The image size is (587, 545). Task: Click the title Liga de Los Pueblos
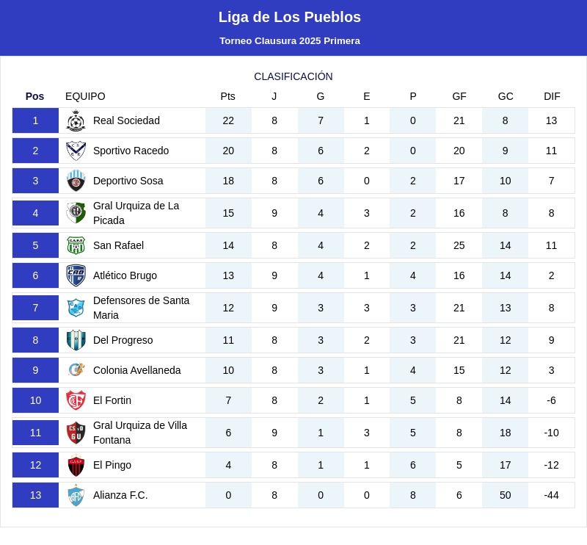pyautogui.click(x=289, y=17)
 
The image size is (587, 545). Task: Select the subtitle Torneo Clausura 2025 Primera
pyautogui.click(x=289, y=41)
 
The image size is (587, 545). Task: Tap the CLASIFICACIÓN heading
pyautogui.click(x=293, y=76)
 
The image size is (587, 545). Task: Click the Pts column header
pyautogui.click(x=228, y=96)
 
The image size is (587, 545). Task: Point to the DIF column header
pyautogui.click(x=552, y=96)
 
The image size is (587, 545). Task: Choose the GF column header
pyautogui.click(x=459, y=96)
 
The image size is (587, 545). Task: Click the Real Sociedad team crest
pyautogui.click(x=76, y=120)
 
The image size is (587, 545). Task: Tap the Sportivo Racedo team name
pyautogui.click(x=131, y=151)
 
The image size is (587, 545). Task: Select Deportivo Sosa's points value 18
pyautogui.click(x=228, y=181)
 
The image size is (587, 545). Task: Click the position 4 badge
pyautogui.click(x=35, y=213)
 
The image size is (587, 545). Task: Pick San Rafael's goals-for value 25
pyautogui.click(x=459, y=245)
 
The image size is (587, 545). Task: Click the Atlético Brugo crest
pyautogui.click(x=76, y=275)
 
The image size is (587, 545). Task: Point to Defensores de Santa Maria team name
pyautogui.click(x=141, y=308)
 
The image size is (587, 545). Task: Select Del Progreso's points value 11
pyautogui.click(x=228, y=340)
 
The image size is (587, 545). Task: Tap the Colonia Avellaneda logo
pyautogui.click(x=76, y=370)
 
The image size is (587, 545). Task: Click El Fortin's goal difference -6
pyautogui.click(x=552, y=400)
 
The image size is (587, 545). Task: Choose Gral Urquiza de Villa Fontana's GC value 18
pyautogui.click(x=506, y=433)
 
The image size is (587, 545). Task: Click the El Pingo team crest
pyautogui.click(x=76, y=465)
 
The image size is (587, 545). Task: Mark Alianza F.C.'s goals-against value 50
pyautogui.click(x=506, y=495)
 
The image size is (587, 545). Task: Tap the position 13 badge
pyautogui.click(x=35, y=495)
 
